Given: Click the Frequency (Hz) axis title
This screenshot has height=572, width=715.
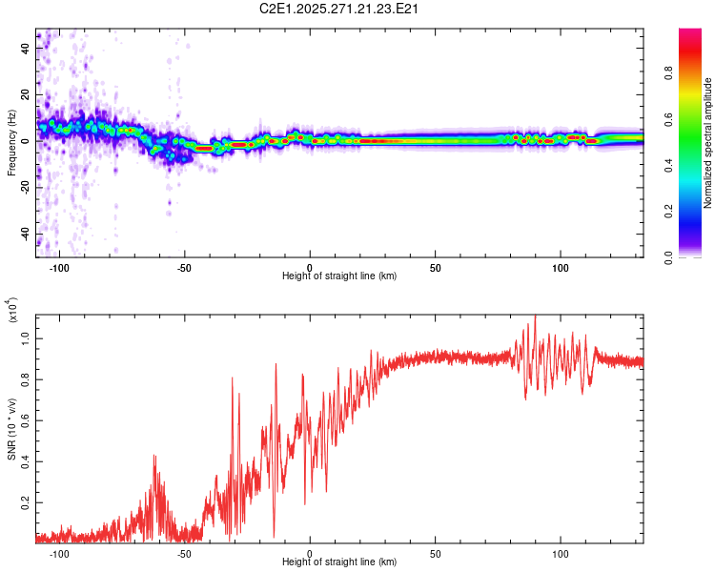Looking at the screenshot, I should pyautogui.click(x=10, y=143).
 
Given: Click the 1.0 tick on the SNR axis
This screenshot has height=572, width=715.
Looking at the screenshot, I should pyautogui.click(x=26, y=337).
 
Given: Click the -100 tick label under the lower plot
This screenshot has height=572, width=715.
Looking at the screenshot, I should pyautogui.click(x=60, y=554).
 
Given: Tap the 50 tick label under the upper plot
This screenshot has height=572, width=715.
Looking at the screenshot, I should pyautogui.click(x=435, y=266).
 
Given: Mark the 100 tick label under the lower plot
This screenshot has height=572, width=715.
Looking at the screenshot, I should pyautogui.click(x=561, y=554).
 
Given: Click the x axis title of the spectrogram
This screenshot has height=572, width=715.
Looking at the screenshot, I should pyautogui.click(x=339, y=276).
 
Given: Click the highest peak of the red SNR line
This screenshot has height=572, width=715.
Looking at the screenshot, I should pyautogui.click(x=535, y=316).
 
